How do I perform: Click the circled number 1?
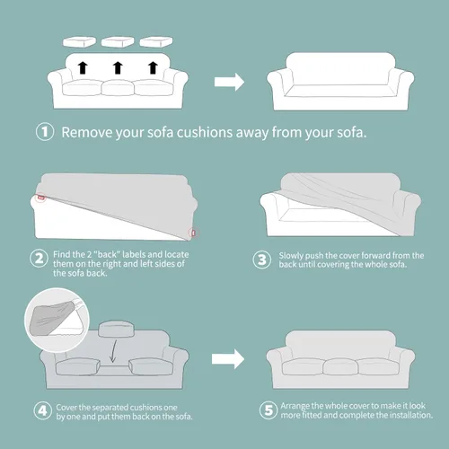tap(45, 132)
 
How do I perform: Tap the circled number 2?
tap(39, 259)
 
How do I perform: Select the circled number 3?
tap(262, 260)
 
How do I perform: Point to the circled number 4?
tap(43, 410)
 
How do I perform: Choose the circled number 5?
tap(269, 410)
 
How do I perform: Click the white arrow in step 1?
tap(229, 82)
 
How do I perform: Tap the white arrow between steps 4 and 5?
tap(228, 359)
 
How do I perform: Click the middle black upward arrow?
tap(118, 67)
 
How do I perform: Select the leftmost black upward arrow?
tap(83, 67)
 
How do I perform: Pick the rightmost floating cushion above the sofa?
tap(156, 41)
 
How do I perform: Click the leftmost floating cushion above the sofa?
tap(79, 41)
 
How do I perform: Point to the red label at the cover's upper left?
tap(41, 198)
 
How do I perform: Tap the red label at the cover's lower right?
tap(193, 233)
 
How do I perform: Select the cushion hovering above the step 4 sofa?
tap(116, 329)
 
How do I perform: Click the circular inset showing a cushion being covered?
tap(57, 320)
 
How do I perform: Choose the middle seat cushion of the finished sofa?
tap(340, 366)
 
